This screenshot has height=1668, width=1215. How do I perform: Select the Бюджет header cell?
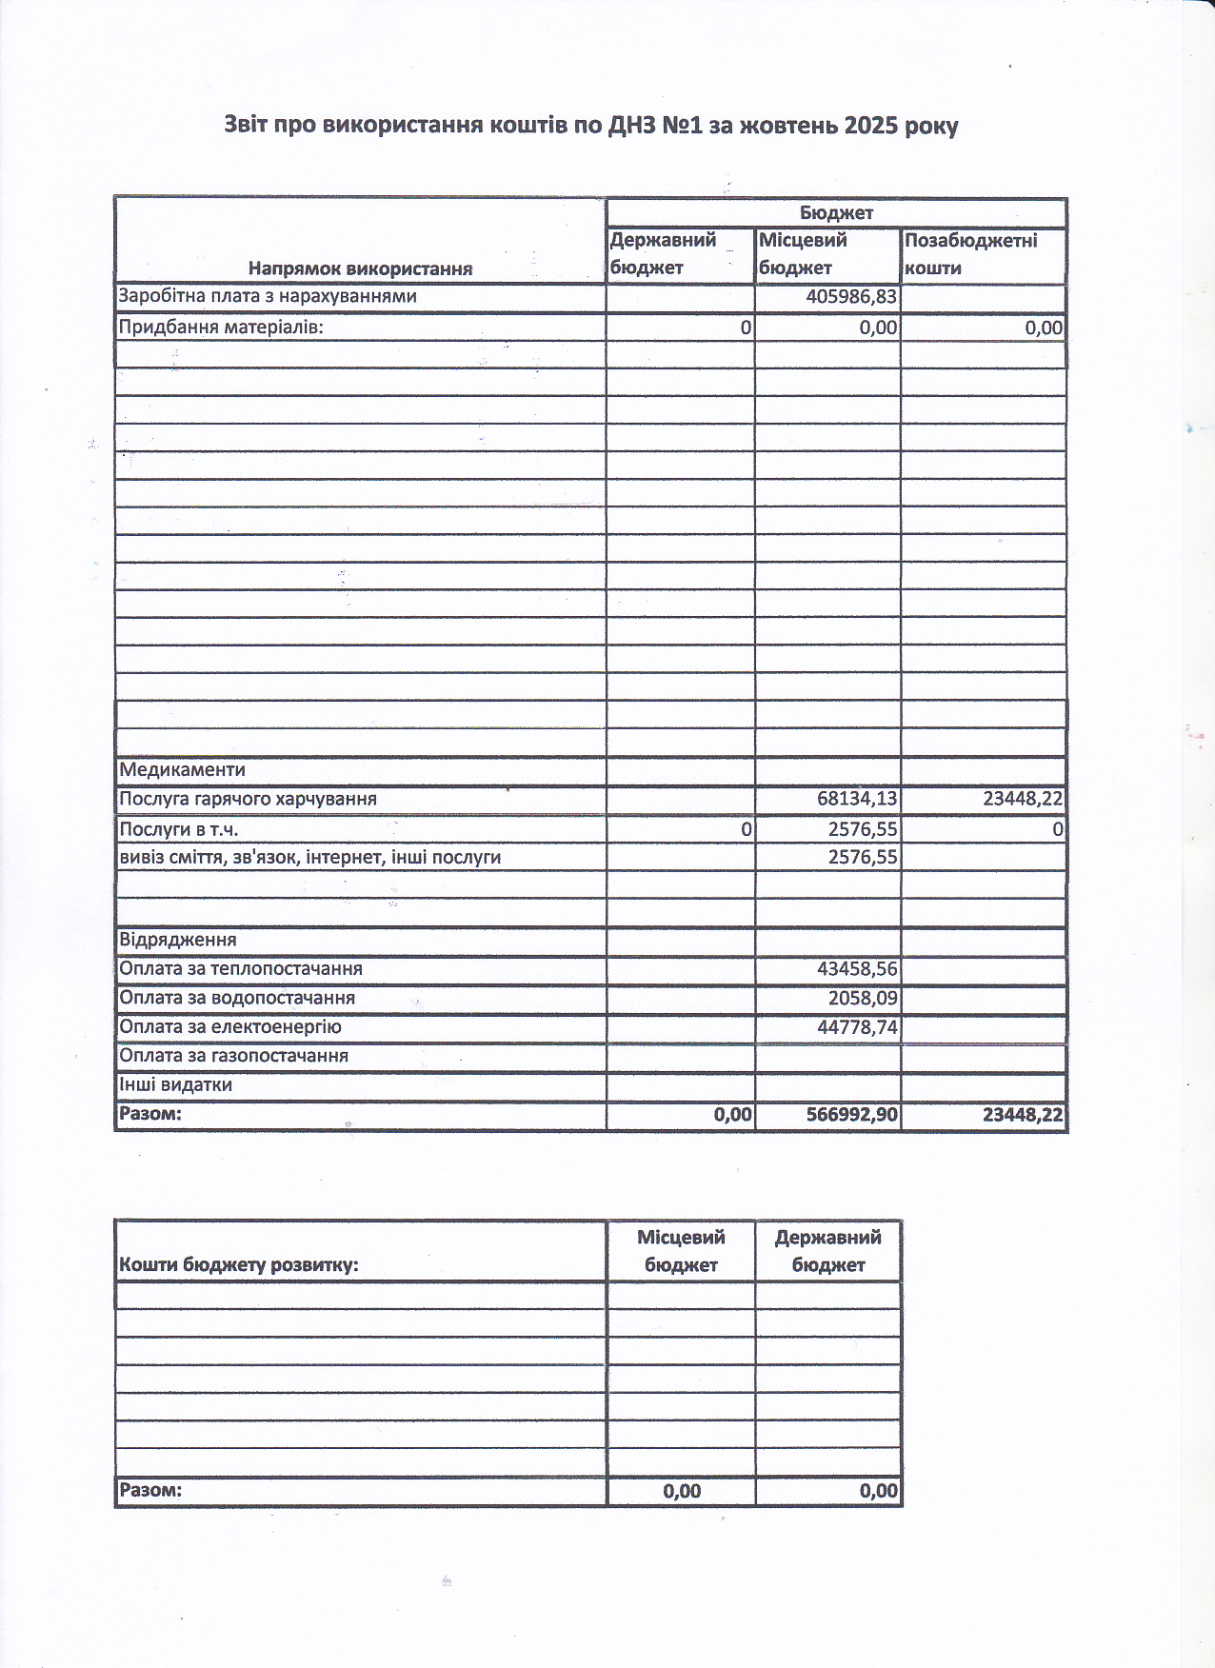(836, 213)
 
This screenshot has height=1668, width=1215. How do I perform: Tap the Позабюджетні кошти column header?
(970, 254)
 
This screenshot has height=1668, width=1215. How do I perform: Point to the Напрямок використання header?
(360, 268)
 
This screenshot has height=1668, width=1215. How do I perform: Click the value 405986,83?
(851, 297)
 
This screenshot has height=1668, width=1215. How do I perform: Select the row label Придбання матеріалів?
(221, 328)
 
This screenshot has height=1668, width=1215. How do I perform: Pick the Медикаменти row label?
(182, 770)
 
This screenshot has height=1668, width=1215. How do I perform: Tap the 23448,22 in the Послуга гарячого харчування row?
(1023, 800)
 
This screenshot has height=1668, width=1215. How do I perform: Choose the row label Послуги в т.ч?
(178, 829)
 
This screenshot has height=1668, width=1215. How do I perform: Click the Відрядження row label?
(178, 941)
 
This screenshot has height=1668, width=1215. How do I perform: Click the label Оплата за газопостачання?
(233, 1056)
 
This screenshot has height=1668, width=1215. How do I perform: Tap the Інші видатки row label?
(175, 1085)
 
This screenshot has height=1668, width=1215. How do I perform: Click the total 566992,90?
(851, 1115)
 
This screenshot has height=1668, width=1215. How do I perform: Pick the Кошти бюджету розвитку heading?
(238, 1265)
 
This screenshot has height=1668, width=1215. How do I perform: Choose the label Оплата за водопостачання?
(237, 999)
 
